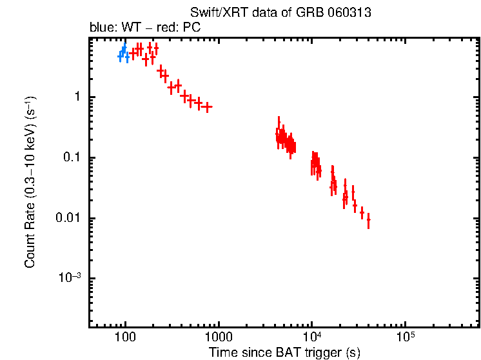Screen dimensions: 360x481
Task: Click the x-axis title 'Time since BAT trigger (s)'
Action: point(284,352)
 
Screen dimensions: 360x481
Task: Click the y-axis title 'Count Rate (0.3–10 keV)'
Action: point(30,183)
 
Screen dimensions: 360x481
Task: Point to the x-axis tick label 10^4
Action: point(312,337)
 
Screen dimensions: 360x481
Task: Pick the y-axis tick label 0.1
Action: point(74,158)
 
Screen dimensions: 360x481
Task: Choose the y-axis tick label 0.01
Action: point(70,219)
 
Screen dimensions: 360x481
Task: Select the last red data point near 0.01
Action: point(368,221)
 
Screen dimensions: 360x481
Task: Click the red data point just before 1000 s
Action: point(207,106)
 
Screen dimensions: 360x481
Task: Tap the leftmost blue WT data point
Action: point(120,57)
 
